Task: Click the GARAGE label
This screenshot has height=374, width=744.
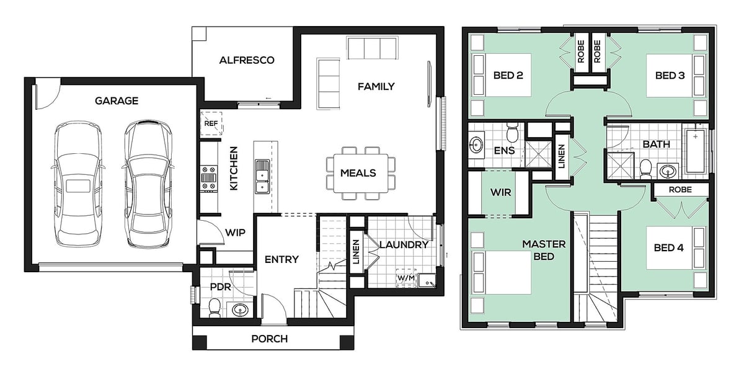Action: [117, 100]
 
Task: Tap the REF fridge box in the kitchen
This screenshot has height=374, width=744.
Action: [211, 123]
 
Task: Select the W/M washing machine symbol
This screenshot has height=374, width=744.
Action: [406, 278]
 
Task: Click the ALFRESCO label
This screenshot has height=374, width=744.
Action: [247, 60]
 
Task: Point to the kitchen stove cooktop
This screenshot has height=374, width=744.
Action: [210, 179]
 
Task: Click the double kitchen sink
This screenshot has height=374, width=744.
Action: [262, 176]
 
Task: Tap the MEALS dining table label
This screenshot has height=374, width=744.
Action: [358, 173]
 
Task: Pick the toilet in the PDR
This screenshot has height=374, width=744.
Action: [215, 308]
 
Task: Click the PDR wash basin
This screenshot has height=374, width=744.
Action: [239, 310]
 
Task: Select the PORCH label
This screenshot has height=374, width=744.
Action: [269, 339]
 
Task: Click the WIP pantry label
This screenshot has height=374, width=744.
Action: [235, 233]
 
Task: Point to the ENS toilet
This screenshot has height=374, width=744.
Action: [512, 132]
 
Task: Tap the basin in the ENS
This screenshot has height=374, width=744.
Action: [477, 145]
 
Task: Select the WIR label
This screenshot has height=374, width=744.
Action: [501, 192]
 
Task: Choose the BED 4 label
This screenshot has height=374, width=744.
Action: [668, 248]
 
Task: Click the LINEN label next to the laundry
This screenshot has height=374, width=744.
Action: [356, 252]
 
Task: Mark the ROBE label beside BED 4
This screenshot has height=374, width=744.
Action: [680, 190]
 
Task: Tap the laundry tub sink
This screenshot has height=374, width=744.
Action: [427, 280]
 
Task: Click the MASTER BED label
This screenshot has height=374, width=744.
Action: [544, 250]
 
